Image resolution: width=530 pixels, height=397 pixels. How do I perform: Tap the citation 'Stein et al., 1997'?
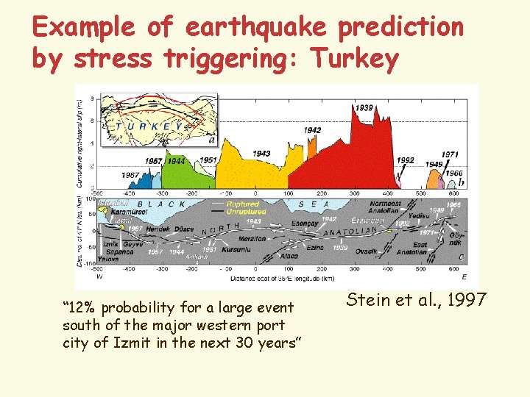point(416,299)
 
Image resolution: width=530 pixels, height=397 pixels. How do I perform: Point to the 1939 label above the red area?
point(364,108)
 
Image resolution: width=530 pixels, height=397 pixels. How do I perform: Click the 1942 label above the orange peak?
point(312,130)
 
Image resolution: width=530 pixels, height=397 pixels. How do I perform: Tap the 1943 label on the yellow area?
point(261,154)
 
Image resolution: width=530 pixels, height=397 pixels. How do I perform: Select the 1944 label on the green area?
point(177,161)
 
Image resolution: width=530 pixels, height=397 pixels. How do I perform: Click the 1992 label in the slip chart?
point(405,160)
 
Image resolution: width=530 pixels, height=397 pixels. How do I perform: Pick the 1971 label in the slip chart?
point(450,154)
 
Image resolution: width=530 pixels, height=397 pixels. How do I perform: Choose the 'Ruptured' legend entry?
point(244,204)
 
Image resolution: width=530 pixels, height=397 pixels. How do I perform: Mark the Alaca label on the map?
point(289,256)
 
